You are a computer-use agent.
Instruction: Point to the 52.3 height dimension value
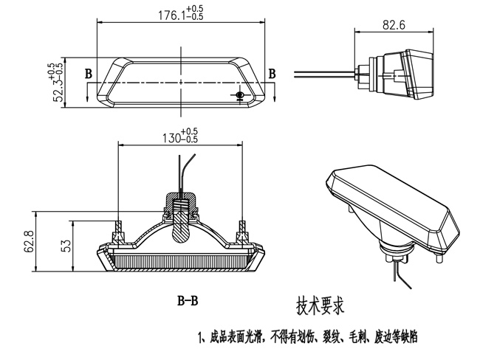tap(57, 83)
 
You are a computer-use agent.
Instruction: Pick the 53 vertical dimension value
tap(66, 245)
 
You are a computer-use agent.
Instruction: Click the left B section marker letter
tap(89, 74)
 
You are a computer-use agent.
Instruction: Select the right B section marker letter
tap(272, 74)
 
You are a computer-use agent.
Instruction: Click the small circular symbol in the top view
tap(239, 95)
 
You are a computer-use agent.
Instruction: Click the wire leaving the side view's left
tap(325, 72)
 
